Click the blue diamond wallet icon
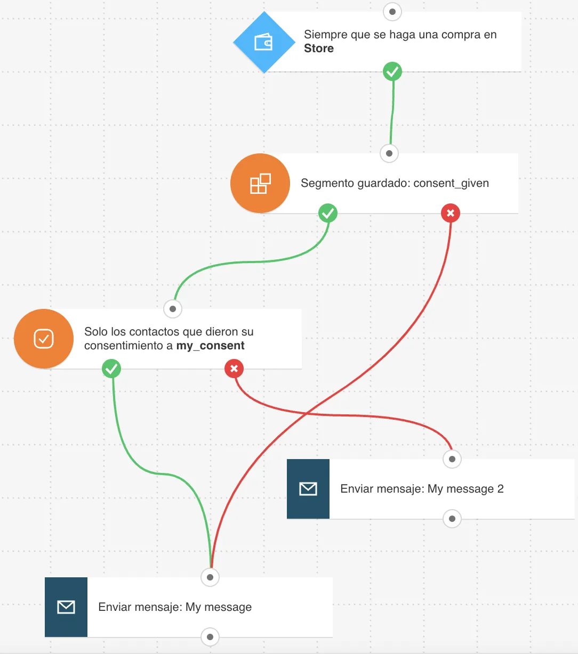(x=264, y=42)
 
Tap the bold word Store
(x=319, y=48)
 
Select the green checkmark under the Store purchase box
(x=392, y=71)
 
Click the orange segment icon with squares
(x=260, y=183)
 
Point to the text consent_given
(x=451, y=183)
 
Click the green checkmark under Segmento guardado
(x=328, y=213)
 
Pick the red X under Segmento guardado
(x=451, y=213)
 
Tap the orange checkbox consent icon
(x=44, y=339)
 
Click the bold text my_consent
(x=210, y=346)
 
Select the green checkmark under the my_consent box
(x=111, y=369)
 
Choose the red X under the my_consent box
(x=234, y=369)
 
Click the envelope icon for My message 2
(x=308, y=489)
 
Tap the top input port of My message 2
(x=452, y=459)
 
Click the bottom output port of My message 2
(x=452, y=519)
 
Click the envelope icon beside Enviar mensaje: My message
(x=66, y=607)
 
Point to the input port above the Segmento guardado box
(x=389, y=153)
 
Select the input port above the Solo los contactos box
(x=173, y=309)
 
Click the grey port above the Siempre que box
(x=392, y=12)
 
